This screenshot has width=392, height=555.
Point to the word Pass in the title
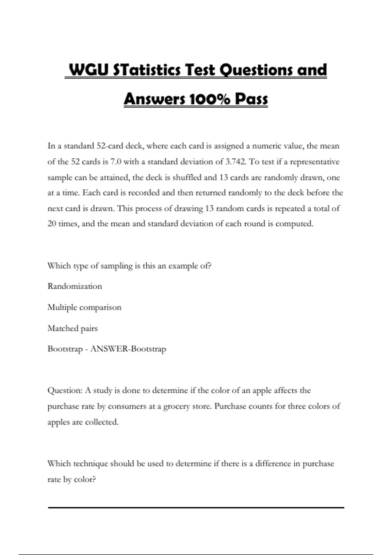click(x=251, y=99)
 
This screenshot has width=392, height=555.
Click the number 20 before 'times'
click(x=52, y=224)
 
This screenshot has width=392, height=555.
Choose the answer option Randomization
click(x=74, y=286)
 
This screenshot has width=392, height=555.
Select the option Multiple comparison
click(x=84, y=307)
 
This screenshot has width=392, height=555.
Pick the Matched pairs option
click(x=73, y=328)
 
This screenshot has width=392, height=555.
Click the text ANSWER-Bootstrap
click(x=128, y=349)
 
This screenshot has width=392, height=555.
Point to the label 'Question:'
click(x=65, y=390)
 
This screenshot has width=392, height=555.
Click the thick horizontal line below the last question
click(x=196, y=508)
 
